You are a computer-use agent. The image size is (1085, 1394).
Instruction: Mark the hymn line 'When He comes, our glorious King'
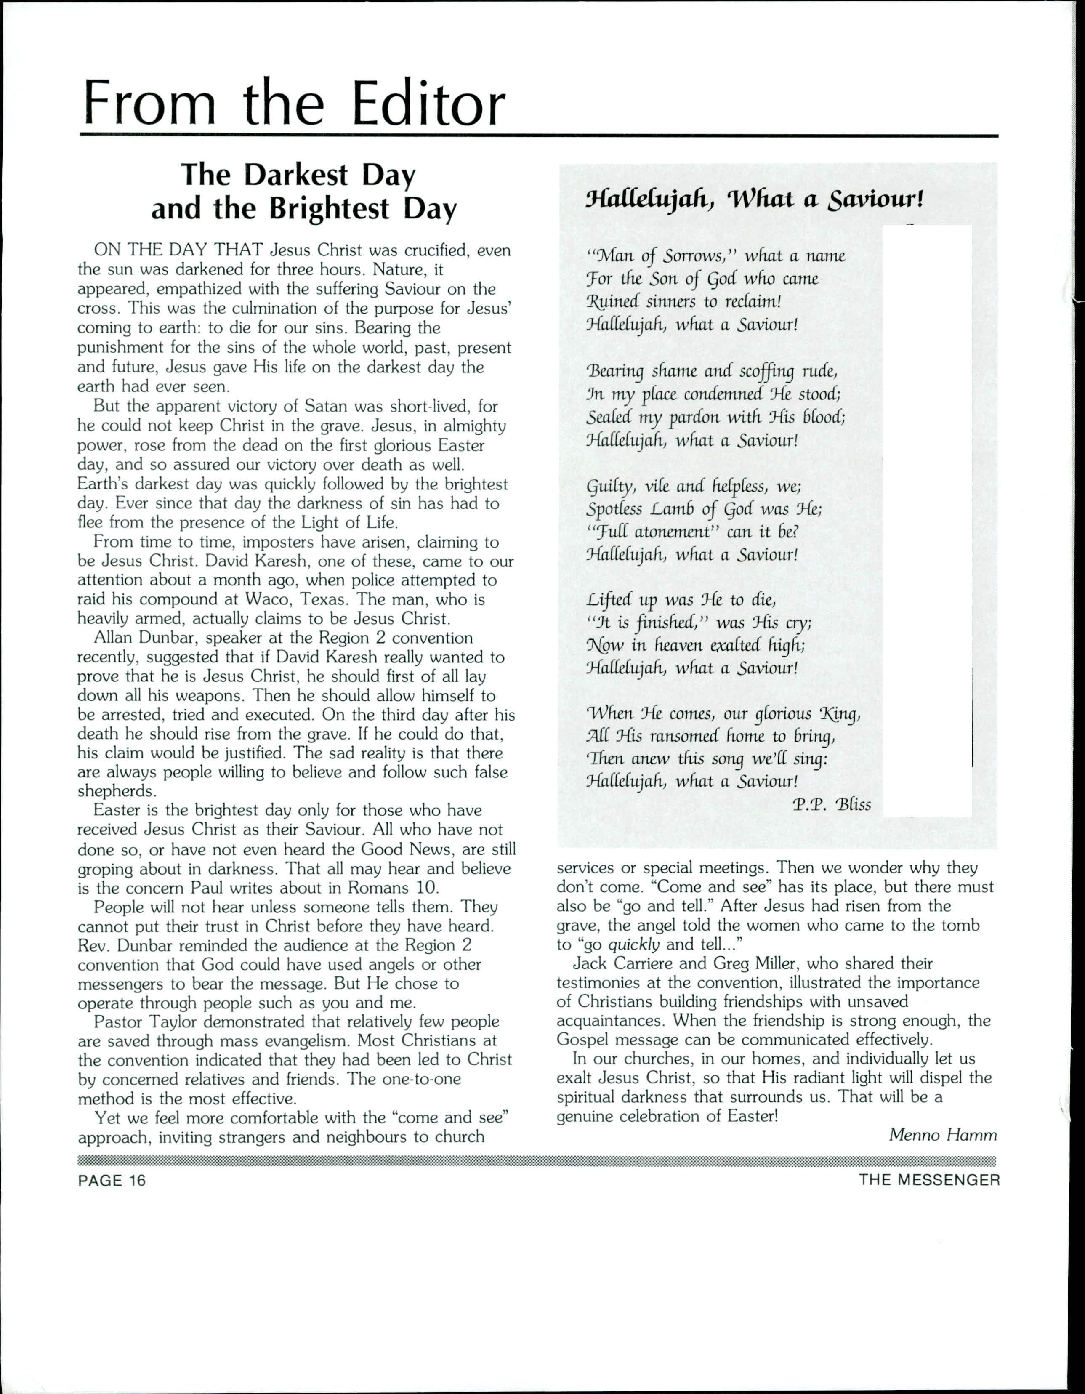[724, 713]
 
